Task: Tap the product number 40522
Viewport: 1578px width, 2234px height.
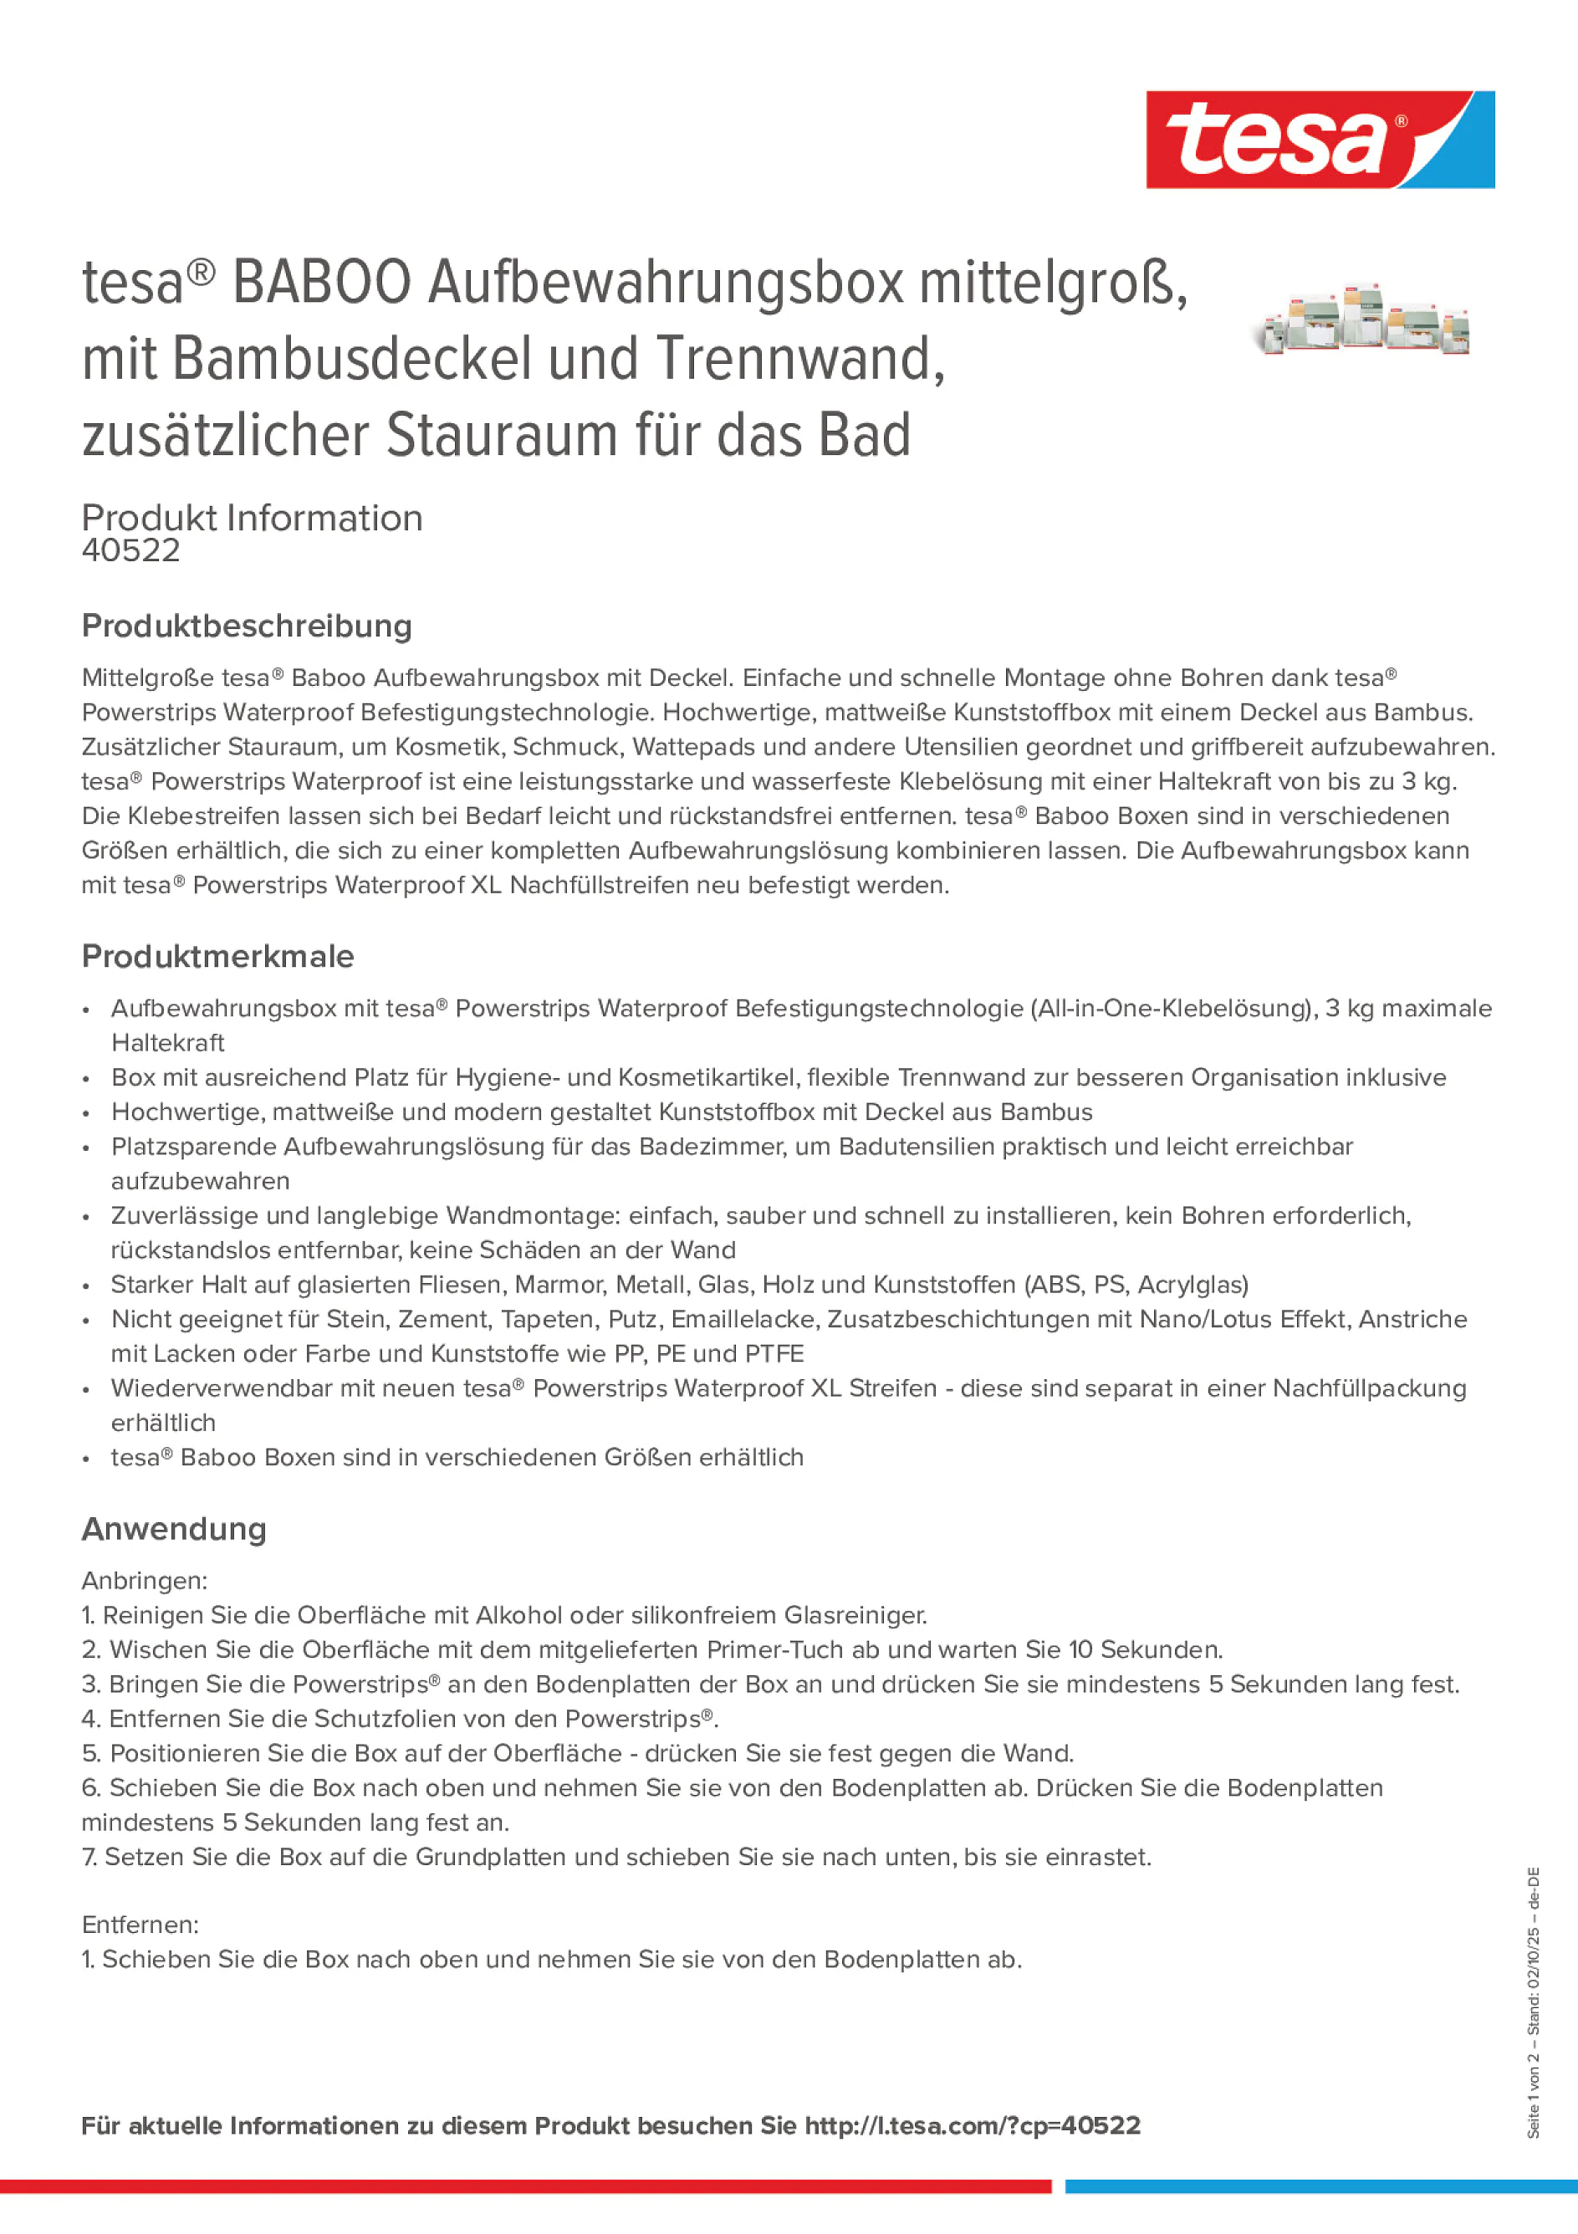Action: (x=131, y=550)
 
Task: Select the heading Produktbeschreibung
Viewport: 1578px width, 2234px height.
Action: (x=247, y=626)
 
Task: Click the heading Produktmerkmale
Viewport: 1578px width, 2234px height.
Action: (x=218, y=957)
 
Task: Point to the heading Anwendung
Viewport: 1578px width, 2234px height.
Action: (x=174, y=1529)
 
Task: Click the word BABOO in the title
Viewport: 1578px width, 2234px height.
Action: (x=322, y=284)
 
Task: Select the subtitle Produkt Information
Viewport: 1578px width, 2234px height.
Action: (x=252, y=518)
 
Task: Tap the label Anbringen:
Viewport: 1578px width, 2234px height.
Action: (x=145, y=1580)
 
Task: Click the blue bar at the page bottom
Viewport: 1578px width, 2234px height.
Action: (x=1320, y=2186)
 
